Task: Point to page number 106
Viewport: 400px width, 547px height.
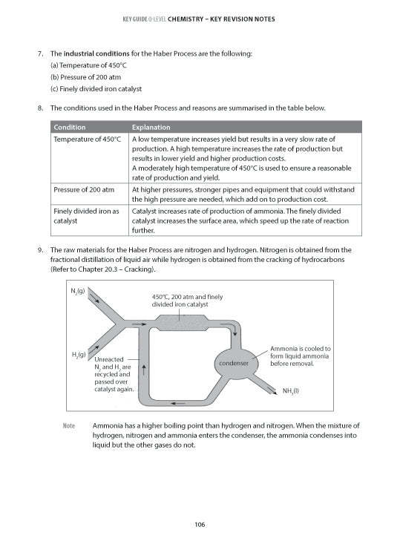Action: pyautogui.click(x=200, y=525)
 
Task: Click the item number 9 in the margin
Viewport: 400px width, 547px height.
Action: pyautogui.click(x=39, y=250)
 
